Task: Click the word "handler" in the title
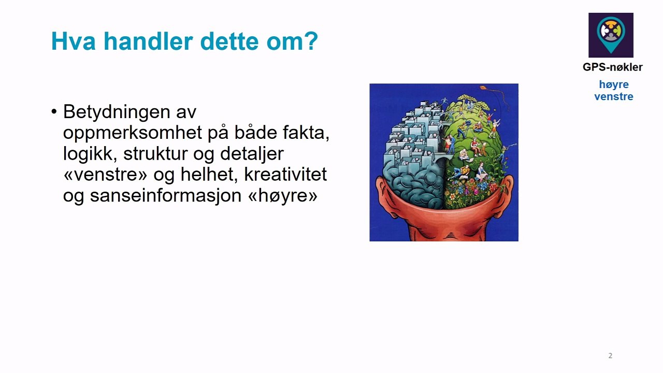pos(148,41)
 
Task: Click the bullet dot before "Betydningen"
pos(54,112)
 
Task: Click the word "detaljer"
pos(252,154)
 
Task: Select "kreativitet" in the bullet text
pos(285,174)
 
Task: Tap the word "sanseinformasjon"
pos(166,196)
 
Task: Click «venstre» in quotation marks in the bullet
pos(105,175)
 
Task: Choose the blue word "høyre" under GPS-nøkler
pos(614,85)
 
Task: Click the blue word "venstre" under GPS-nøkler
pos(614,96)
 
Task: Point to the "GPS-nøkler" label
pos(613,67)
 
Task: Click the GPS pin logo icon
pos(611,35)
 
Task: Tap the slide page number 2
pos(610,355)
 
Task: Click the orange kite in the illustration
pos(483,88)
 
